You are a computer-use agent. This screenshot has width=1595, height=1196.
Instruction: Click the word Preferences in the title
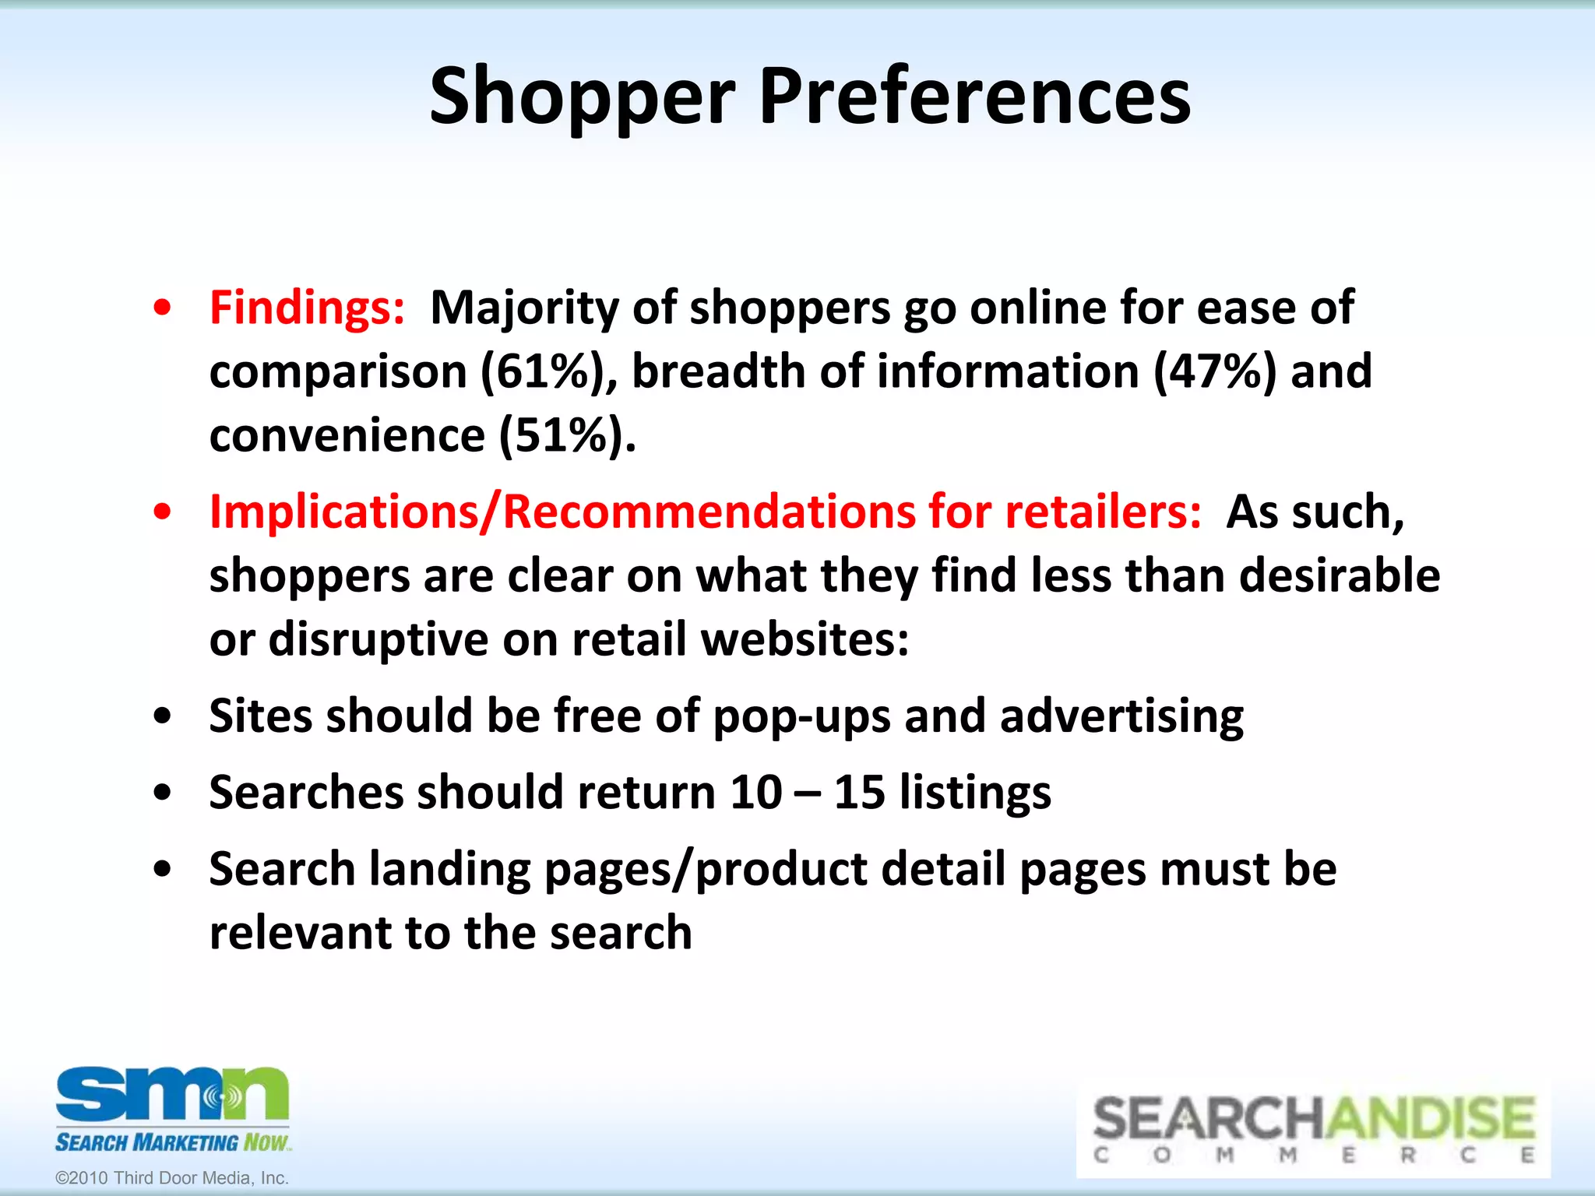(974, 97)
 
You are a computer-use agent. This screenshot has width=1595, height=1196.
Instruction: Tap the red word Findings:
(307, 308)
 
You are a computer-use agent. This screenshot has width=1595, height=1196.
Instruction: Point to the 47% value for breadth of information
(1215, 371)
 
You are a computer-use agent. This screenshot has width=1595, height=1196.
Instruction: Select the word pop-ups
(801, 716)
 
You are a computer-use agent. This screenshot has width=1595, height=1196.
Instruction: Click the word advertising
(1121, 716)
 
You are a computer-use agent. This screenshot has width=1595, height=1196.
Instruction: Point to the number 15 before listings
(859, 793)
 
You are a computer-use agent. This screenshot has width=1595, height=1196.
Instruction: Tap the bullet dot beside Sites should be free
(162, 716)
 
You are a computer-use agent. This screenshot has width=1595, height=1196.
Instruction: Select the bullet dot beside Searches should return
(162, 793)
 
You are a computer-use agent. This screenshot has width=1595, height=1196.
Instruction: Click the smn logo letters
(172, 1094)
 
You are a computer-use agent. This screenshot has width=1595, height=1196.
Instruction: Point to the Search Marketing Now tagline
(172, 1142)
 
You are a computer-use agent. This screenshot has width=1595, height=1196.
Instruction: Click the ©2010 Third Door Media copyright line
(172, 1178)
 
